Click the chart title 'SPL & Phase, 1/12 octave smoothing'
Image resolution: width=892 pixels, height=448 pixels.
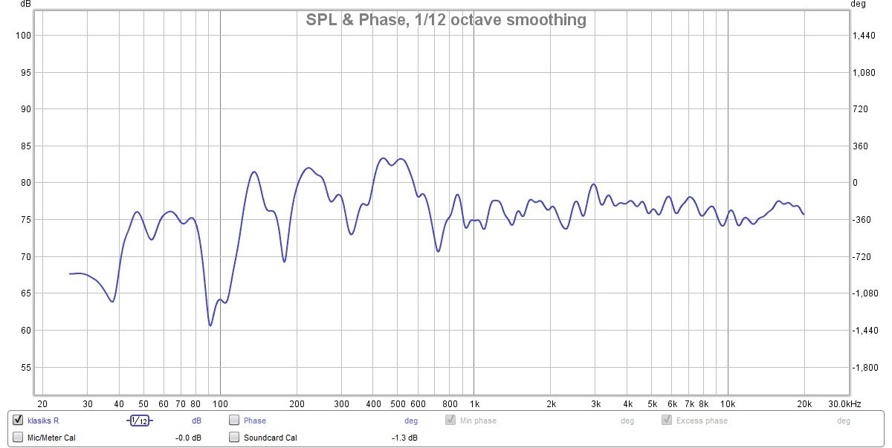[446, 20]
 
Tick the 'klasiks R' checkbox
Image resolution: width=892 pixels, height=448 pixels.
[19, 421]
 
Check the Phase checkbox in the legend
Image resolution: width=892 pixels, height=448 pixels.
[234, 421]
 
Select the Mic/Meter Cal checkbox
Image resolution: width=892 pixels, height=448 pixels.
[19, 438]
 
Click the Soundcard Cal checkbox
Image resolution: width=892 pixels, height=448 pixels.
[234, 438]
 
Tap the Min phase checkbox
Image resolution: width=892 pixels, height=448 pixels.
[450, 421]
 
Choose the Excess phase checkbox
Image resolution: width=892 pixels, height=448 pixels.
[667, 421]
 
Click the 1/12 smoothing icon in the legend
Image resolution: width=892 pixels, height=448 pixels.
[139, 421]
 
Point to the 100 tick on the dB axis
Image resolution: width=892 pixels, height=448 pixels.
[22, 36]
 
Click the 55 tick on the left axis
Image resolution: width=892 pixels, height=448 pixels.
[25, 368]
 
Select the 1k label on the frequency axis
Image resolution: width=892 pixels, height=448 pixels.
[474, 404]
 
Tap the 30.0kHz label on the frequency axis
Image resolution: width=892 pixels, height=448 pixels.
[844, 404]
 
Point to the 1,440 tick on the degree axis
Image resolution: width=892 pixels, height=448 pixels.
[864, 36]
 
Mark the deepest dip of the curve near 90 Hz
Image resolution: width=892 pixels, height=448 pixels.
[210, 325]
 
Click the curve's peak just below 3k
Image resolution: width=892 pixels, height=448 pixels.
[593, 184]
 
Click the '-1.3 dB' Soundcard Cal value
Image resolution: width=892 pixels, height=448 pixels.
[405, 438]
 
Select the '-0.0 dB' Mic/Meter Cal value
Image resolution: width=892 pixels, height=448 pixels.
[188, 438]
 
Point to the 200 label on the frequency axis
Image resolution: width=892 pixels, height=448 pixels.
[297, 404]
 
